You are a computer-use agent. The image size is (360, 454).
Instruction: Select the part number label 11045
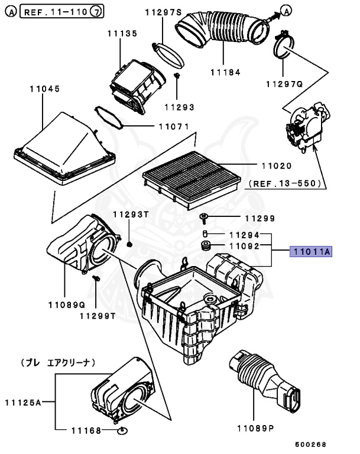click(44, 90)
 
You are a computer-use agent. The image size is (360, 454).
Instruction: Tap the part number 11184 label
click(224, 73)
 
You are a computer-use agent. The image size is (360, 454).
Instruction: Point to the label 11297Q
click(284, 84)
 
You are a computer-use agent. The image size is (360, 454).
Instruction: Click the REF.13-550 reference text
click(286, 184)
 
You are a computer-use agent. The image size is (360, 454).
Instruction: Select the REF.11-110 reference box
click(63, 11)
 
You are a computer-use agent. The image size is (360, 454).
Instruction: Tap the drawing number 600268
click(312, 444)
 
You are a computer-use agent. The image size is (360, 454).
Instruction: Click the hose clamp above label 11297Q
click(286, 45)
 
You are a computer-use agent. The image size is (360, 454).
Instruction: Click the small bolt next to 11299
click(204, 219)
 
